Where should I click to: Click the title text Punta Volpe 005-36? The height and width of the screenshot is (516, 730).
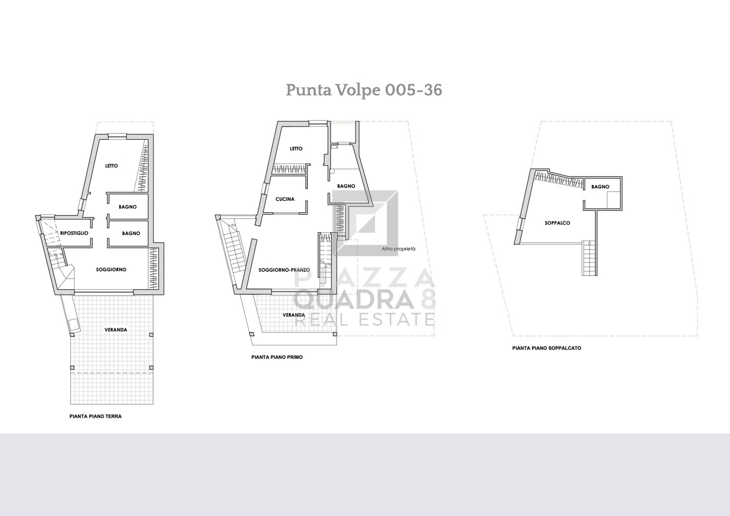coord(364,90)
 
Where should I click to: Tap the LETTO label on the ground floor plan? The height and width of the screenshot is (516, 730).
coord(112,166)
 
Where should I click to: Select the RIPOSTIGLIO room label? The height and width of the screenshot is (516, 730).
coord(74,233)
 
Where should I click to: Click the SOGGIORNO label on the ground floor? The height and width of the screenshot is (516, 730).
coord(111,270)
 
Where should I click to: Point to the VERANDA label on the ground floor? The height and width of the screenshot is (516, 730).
coord(115,330)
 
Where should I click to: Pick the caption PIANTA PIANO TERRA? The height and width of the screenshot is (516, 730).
coord(95,416)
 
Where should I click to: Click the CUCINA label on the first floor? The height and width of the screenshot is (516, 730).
coord(285,199)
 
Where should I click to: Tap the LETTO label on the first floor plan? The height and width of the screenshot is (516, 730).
coord(296,149)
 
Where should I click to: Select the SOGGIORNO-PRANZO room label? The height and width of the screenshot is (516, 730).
coord(284,270)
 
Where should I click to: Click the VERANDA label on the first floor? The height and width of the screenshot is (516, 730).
coord(294,315)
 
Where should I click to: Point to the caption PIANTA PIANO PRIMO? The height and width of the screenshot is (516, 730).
coord(277,357)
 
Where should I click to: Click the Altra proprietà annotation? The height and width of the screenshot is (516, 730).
coord(399,249)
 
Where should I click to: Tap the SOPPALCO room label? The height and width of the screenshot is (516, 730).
coord(557,223)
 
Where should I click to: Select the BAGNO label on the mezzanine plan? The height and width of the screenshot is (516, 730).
coord(600,187)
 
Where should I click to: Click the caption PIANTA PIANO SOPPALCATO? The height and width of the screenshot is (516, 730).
coord(546,348)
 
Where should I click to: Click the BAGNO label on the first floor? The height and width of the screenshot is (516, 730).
coord(346,186)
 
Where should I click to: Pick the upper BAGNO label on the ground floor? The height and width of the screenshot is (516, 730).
coord(127,207)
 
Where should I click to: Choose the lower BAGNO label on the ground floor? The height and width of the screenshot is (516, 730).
coord(131,234)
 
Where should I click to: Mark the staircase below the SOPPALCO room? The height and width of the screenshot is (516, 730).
coord(590,258)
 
